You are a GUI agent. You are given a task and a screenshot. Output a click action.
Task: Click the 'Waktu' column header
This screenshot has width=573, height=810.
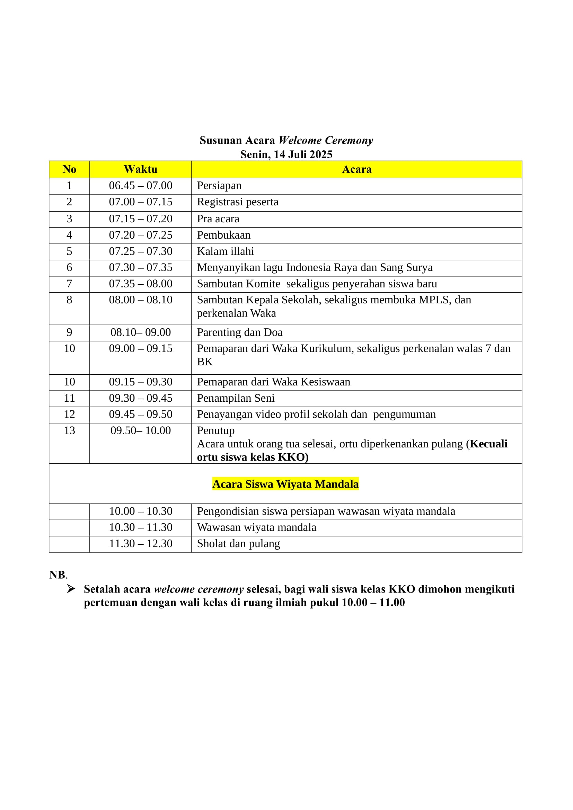coord(140,169)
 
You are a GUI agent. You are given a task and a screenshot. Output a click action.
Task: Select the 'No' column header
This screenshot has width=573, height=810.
coord(69,169)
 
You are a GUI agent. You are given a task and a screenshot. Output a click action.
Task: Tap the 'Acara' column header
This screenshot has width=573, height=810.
coord(356,169)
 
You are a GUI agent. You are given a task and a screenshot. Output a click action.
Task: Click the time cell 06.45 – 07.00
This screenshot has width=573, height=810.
coord(140,186)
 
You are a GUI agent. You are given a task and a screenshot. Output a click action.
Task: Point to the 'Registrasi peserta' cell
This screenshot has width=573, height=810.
coord(237,202)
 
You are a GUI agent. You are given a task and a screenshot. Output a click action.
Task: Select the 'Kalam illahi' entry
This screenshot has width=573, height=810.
coord(225,251)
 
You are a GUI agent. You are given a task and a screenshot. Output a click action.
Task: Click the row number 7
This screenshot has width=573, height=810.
coord(69,284)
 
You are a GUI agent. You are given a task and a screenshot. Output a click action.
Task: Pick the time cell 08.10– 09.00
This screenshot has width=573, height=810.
coord(140,332)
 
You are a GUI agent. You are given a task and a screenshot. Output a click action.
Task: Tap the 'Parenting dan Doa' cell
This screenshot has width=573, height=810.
coord(240,332)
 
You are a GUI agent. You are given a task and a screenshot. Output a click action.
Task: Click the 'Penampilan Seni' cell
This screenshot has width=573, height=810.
coord(235,398)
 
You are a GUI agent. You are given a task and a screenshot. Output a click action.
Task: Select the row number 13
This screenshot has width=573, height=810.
coord(69,430)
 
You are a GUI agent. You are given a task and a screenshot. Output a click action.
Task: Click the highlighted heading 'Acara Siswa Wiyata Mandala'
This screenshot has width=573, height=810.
coord(285,484)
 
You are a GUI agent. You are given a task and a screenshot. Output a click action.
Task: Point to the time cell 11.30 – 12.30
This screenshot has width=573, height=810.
coord(140,543)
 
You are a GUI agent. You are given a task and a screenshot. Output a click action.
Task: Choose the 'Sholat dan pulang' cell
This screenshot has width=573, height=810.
coord(238,543)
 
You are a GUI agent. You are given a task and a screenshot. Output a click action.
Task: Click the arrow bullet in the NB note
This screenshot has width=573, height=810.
coord(71,589)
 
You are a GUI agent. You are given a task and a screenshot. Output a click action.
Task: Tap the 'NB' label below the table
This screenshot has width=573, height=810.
coord(58,575)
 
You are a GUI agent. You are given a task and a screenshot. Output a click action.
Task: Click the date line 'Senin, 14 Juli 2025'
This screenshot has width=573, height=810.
coord(286,154)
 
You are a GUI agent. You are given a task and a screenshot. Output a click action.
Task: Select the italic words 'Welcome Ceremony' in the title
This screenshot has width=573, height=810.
coord(325,140)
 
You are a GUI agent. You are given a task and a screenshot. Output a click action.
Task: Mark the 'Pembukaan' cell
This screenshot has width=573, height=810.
coord(223,235)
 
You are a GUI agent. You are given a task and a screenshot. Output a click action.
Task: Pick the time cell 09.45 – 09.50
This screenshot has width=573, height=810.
coord(140,414)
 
